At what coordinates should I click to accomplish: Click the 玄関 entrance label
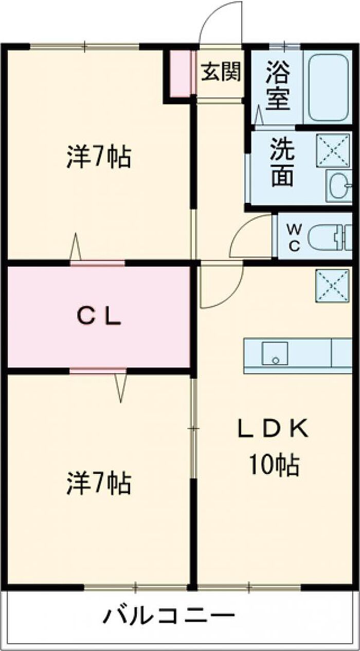tap(221, 73)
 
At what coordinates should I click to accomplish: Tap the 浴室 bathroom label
tap(278, 85)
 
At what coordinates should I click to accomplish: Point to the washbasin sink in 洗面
tap(338, 185)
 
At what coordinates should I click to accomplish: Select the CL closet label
tap(99, 316)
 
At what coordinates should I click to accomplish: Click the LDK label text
tap(273, 429)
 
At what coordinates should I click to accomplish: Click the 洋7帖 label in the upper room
tap(98, 157)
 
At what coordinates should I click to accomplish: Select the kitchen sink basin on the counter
tap(275, 353)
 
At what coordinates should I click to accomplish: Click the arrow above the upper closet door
tap(76, 247)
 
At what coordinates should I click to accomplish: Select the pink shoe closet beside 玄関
tap(181, 74)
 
